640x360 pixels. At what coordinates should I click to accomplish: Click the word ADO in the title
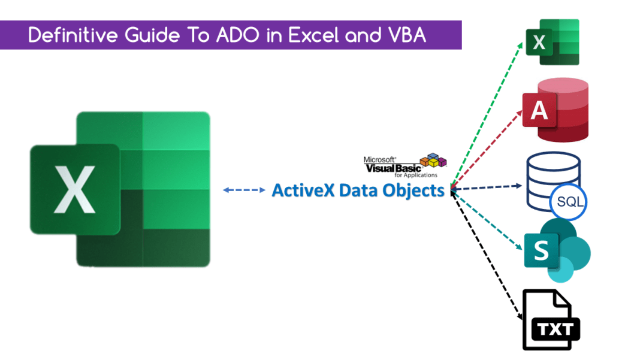click(244, 35)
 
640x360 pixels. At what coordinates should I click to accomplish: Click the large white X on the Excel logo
click(74, 189)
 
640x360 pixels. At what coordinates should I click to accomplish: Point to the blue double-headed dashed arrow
click(244, 190)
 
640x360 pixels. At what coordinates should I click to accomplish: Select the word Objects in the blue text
click(413, 190)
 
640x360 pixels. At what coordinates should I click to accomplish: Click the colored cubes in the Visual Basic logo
click(433, 160)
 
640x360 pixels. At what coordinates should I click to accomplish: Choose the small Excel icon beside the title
click(553, 42)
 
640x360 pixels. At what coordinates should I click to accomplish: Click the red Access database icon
click(555, 109)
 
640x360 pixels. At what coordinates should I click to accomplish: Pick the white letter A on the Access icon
click(539, 110)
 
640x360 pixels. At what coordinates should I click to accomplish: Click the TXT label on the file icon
click(555, 329)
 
